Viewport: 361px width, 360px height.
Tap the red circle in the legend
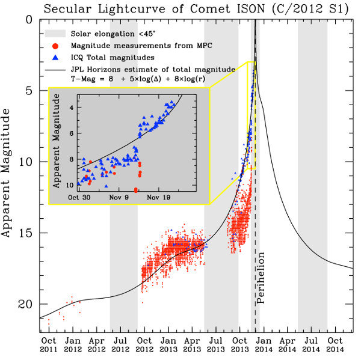55,46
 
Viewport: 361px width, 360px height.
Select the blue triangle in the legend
55,58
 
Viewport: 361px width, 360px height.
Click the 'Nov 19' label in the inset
159,197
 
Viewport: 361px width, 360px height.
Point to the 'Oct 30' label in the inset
79,197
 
